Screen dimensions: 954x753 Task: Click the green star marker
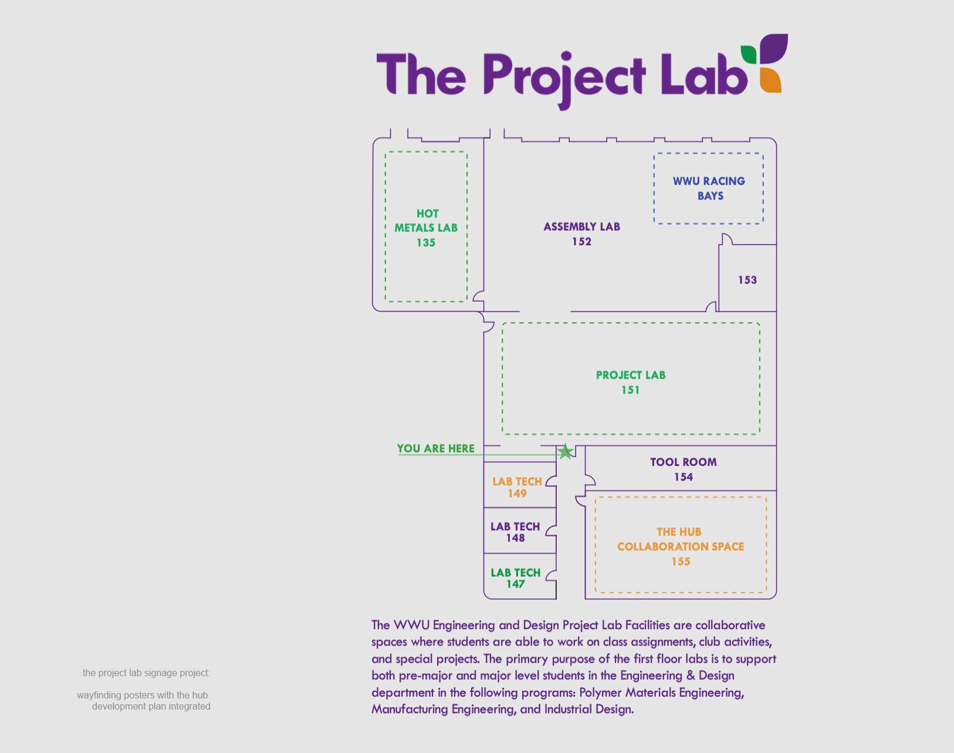(x=565, y=451)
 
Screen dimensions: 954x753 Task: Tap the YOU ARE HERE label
(x=435, y=448)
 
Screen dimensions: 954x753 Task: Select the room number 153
(x=747, y=280)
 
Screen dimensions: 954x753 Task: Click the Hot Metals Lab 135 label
(x=426, y=228)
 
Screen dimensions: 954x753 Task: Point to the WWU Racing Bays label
(x=709, y=188)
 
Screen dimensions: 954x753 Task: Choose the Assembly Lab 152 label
(x=581, y=234)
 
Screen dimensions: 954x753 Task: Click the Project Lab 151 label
(x=631, y=382)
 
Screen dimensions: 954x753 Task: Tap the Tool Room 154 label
(x=683, y=469)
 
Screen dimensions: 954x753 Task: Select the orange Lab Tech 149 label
(x=517, y=487)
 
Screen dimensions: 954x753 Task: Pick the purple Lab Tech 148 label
(x=515, y=532)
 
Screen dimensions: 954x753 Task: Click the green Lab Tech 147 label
(x=515, y=578)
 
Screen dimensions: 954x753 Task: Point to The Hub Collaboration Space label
(x=680, y=546)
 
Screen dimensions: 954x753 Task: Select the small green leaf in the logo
(x=749, y=54)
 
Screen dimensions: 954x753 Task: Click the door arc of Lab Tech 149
(x=551, y=481)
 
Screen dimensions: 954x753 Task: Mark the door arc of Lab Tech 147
(x=551, y=576)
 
